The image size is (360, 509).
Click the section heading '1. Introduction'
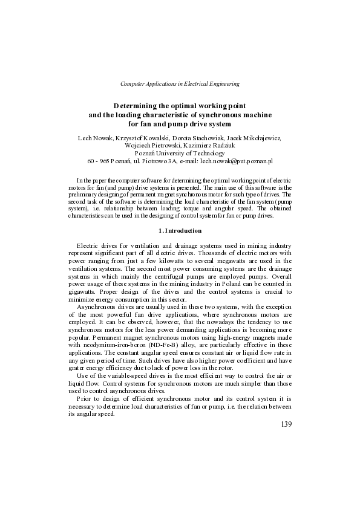click(180, 231)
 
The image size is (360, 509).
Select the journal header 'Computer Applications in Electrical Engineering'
click(180, 83)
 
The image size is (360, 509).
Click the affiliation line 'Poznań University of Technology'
click(180, 154)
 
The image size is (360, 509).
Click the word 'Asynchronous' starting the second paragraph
click(97, 306)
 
